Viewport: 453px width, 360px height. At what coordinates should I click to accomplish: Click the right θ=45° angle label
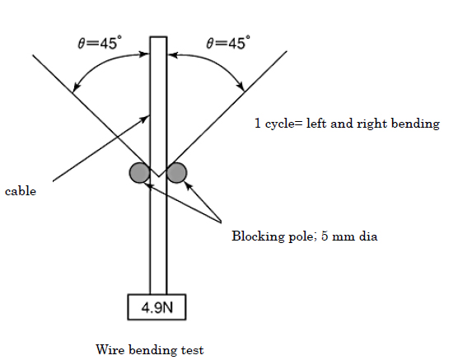[x=228, y=43]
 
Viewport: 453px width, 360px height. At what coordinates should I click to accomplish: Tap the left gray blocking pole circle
[x=139, y=173]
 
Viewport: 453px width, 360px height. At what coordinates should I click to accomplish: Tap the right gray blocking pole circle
[x=176, y=173]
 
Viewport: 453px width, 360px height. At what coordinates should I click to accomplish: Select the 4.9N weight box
[x=156, y=307]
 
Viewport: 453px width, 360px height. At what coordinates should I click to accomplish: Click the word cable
[x=21, y=191]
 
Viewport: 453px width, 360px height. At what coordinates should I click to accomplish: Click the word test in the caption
[x=193, y=350]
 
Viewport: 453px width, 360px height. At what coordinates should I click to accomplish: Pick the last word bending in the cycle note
[x=415, y=124]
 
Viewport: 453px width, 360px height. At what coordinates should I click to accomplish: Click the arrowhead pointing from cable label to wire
[x=145, y=119]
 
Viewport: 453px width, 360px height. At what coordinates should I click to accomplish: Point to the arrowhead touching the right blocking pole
[x=189, y=186]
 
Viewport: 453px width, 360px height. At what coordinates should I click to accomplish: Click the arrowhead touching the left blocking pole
[x=148, y=185]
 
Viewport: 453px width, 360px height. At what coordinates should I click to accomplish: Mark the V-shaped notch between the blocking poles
[x=158, y=171]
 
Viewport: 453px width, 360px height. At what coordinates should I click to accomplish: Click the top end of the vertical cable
[x=158, y=37]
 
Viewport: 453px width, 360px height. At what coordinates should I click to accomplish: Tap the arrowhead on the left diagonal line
[x=76, y=87]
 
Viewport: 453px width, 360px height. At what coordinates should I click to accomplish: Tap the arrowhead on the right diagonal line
[x=241, y=86]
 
